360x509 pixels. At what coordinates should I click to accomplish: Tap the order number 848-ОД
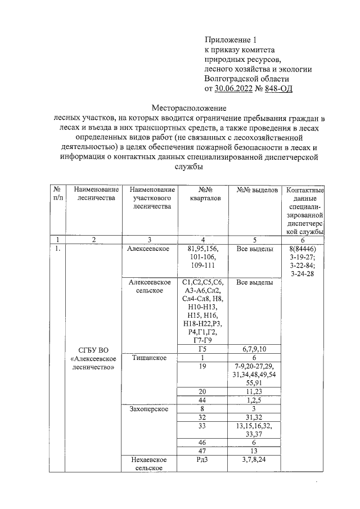(x=277, y=88)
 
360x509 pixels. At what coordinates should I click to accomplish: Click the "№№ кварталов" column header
(x=202, y=194)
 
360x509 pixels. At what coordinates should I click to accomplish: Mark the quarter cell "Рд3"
(x=202, y=459)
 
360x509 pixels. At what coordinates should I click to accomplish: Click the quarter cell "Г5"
(x=202, y=349)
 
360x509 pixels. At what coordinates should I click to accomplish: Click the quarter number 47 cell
(x=202, y=451)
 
